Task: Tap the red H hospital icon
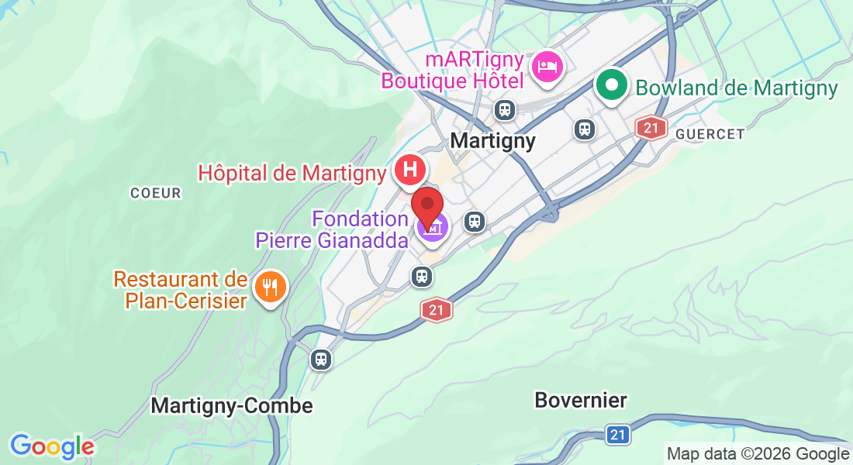[x=410, y=169]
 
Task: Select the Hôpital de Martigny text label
[x=292, y=173]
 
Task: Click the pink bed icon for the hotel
[x=548, y=67]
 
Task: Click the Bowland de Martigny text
[x=737, y=88]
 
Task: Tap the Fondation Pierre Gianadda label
[x=333, y=229]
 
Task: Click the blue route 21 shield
[x=616, y=435]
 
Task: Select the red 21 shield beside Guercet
[x=651, y=127]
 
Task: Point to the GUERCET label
[x=710, y=134]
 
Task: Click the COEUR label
[x=155, y=193]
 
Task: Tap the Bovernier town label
[x=581, y=400]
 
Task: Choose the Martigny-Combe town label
[x=232, y=405]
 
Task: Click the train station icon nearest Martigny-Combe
[x=320, y=360]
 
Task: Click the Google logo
[x=52, y=446]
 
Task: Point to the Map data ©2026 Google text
[x=758, y=454]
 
